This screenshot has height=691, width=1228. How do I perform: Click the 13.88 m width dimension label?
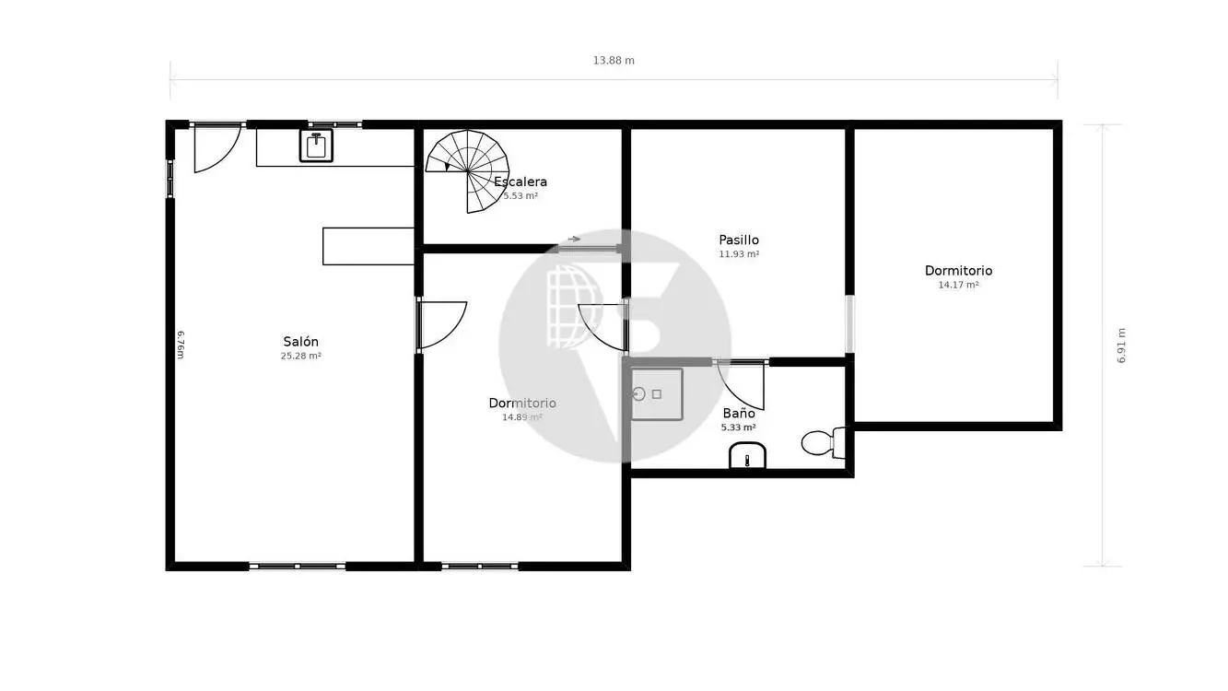[x=614, y=60]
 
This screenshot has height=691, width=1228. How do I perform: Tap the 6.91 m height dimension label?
[x=1122, y=345]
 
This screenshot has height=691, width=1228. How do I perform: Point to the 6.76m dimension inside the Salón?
[x=181, y=345]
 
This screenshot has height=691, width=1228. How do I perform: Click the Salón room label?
[x=300, y=342]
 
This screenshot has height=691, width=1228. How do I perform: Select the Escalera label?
[x=520, y=182]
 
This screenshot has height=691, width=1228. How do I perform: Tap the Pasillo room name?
[x=739, y=240]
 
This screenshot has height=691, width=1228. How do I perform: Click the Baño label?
[x=739, y=413]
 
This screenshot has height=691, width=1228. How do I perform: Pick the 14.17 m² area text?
[x=958, y=285]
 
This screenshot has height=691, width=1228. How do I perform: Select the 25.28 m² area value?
[x=300, y=356]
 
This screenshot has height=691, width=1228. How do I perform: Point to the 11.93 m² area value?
[x=739, y=254]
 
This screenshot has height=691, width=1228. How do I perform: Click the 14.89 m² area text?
[x=522, y=417]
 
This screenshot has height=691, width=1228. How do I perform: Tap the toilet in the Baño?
[x=824, y=442]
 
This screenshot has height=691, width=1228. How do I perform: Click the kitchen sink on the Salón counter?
[x=316, y=146]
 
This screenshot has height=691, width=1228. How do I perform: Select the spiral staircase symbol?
[x=468, y=171]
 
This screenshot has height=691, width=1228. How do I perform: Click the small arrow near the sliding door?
[x=573, y=240]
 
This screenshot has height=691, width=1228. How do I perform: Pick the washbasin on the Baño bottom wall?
[x=747, y=456]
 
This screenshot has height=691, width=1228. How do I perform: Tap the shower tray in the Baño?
[x=657, y=394]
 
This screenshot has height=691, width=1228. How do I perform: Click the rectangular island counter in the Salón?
[x=368, y=246]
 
